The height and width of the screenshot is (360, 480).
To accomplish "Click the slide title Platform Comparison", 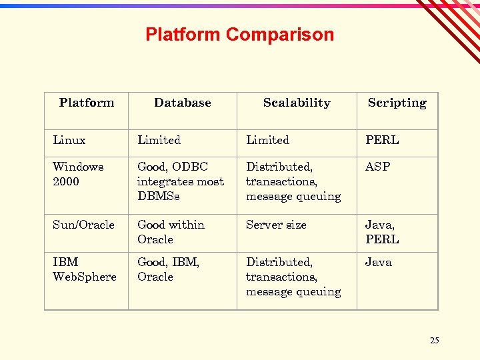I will (x=239, y=35).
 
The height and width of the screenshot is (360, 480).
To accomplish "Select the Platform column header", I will (x=87, y=103).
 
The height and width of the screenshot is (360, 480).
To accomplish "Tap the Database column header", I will (x=182, y=103).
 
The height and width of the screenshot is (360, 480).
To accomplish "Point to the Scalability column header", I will (x=297, y=103).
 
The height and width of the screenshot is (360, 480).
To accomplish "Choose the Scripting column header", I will (x=397, y=103).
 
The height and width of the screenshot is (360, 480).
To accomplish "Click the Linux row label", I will (x=69, y=140).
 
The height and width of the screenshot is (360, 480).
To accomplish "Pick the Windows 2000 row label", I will (x=78, y=174).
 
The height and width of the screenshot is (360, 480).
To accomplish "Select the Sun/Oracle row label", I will (x=83, y=225).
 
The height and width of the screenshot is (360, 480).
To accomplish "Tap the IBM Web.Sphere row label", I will (x=84, y=269).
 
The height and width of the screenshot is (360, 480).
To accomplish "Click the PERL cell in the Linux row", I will (x=382, y=140).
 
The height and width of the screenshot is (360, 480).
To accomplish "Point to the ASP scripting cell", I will (x=377, y=167).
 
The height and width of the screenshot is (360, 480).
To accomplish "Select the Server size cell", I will (x=276, y=225).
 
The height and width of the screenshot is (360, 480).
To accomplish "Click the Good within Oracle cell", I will (x=171, y=232).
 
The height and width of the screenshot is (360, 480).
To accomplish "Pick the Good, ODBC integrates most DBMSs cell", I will (x=180, y=181).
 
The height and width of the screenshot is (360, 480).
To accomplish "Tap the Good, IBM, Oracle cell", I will (x=168, y=269).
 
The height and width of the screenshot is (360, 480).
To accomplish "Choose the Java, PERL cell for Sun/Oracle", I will (x=382, y=232).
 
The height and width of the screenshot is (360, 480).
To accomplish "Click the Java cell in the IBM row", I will (x=378, y=262).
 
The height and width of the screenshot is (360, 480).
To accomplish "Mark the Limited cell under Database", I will (x=159, y=140).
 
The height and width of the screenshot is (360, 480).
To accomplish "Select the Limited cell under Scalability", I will (x=267, y=140).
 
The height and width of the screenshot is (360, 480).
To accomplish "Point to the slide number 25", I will (x=435, y=341).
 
